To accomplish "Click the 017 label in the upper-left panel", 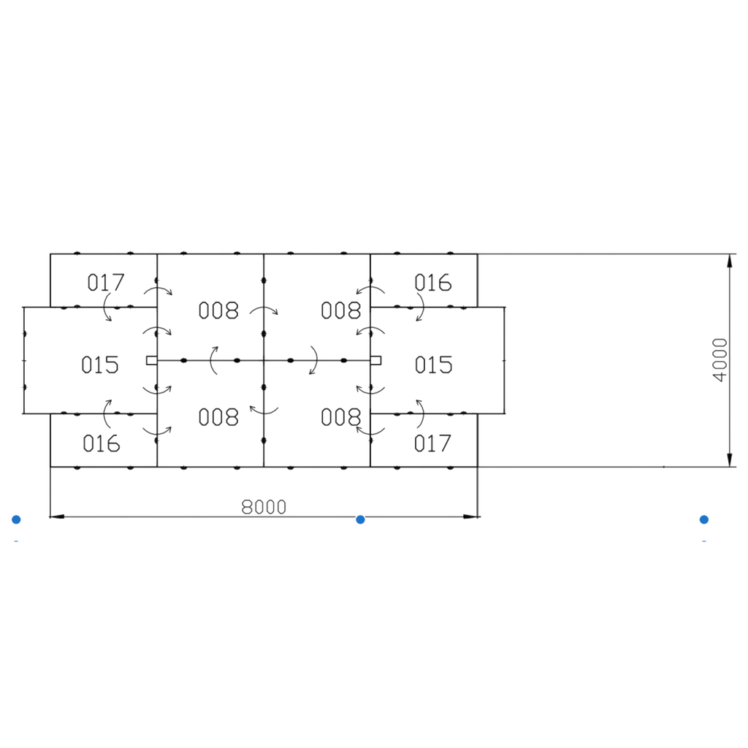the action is pos(106,283).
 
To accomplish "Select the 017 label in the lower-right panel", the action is pos(432,443).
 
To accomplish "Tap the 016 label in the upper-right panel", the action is pos(432,283).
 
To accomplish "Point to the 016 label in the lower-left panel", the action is pos(101,443).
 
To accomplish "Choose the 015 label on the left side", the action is pos(99,365).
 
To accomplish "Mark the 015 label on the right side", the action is pos(433,365).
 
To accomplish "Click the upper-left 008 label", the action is pos(218,310).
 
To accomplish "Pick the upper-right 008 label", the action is pos(340,310).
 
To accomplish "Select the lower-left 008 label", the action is pos(218,417).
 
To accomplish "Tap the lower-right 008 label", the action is pos(340,417).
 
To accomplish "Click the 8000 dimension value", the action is pos(264,507).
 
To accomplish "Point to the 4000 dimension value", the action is pos(720,360).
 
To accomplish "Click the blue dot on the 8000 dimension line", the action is pos(361,519).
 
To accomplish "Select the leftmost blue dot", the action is pos(16,519).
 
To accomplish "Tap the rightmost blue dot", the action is pos(704,519).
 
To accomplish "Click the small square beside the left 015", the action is pos(152,360).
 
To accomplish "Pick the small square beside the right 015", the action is pos(376,360).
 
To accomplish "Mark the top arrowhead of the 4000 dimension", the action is pos(730,261).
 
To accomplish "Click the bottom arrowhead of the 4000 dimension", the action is pos(730,460).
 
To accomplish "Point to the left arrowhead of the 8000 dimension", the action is pos(57,516).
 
